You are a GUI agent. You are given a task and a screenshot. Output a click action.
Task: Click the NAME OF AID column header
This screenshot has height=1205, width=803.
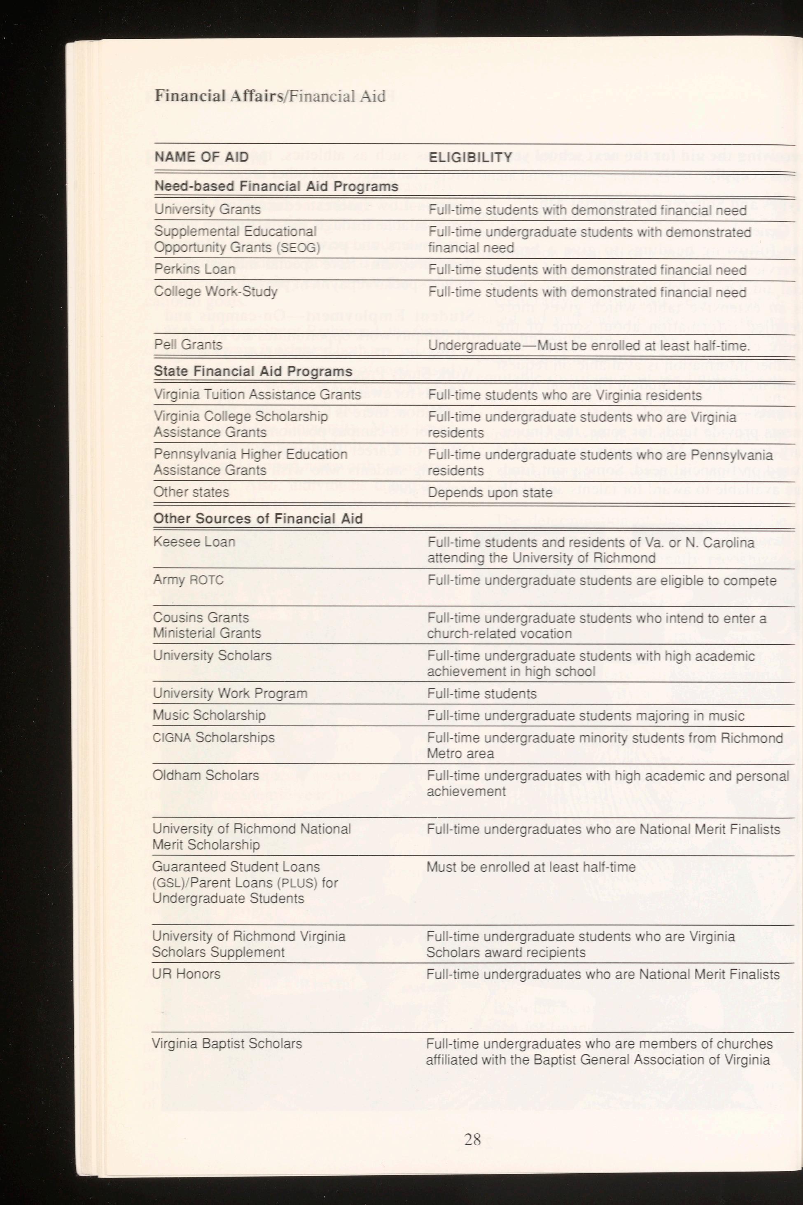click(201, 157)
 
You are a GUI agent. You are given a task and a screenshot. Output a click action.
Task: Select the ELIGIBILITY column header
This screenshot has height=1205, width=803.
click(470, 157)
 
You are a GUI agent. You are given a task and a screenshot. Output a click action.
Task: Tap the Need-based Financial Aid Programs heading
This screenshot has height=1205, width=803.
click(276, 186)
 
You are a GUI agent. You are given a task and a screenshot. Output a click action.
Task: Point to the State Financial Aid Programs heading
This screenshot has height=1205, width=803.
click(253, 372)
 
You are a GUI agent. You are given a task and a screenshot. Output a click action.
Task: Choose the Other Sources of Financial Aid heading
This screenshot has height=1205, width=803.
click(258, 519)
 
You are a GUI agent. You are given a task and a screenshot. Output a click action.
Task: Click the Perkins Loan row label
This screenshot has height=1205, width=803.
click(195, 269)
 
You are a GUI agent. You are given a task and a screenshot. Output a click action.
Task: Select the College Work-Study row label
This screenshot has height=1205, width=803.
click(216, 292)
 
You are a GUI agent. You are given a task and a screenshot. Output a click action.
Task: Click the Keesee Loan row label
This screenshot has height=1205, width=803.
click(194, 542)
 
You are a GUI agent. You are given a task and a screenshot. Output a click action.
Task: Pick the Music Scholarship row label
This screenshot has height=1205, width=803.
click(209, 715)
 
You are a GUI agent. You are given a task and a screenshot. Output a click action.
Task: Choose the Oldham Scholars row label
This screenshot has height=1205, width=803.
click(205, 775)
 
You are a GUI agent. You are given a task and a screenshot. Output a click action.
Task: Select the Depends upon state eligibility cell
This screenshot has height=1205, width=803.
click(490, 492)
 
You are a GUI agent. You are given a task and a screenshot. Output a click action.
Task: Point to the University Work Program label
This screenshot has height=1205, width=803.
click(230, 693)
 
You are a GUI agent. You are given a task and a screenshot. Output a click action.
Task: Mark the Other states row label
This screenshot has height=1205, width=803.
click(191, 492)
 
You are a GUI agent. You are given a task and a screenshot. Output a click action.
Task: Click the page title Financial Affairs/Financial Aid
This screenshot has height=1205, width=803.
click(270, 96)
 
